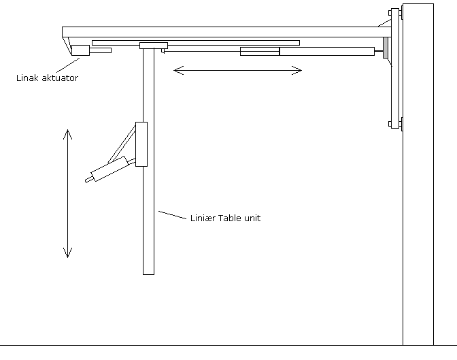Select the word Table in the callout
[x=230, y=218]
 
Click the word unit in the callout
[x=252, y=218]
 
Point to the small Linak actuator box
[x=81, y=50]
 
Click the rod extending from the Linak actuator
[x=101, y=50]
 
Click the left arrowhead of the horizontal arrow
[x=177, y=69]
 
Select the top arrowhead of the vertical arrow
[x=67, y=132]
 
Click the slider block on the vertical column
[x=141, y=144]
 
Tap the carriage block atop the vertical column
[x=153, y=46]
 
